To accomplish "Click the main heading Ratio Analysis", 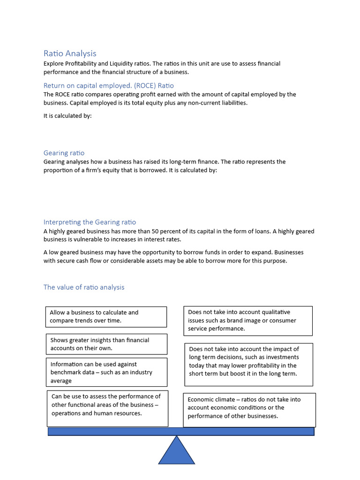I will tap(70, 53).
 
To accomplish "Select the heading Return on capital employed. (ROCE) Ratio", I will tap(108, 85).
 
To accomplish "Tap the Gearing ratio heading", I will tap(64, 153).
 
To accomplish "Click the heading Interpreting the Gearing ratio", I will tap(90, 222).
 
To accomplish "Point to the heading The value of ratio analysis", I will tap(84, 287).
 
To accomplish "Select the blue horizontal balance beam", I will tap(181, 431).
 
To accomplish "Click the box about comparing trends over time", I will tap(107, 316).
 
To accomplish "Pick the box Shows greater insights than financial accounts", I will tap(107, 344).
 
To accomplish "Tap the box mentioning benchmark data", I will tap(107, 372).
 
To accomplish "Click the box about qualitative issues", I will tap(247, 321).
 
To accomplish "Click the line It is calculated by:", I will tap(67, 116).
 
